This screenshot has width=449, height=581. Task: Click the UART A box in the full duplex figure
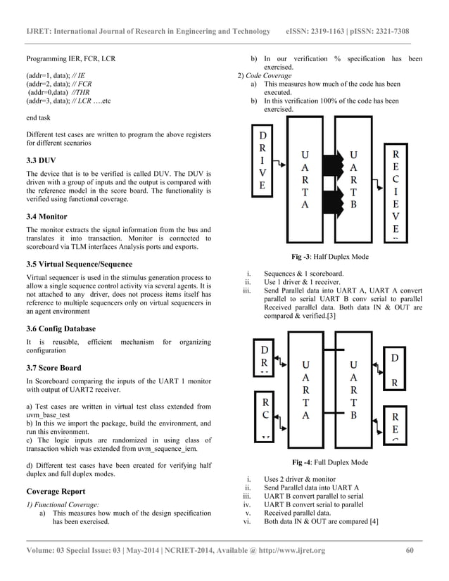point(305,390)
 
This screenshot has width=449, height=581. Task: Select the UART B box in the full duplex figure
point(354,390)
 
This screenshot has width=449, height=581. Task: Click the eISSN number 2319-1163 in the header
point(334,32)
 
